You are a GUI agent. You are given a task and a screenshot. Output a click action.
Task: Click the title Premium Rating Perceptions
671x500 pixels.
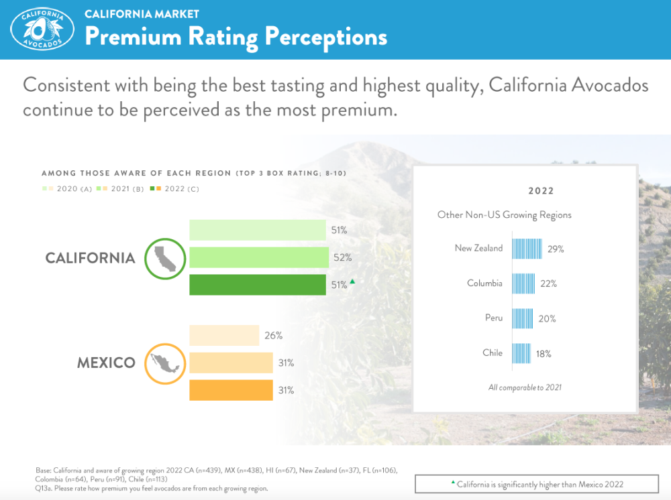(236, 37)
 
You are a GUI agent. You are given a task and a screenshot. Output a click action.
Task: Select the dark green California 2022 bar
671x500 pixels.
(257, 285)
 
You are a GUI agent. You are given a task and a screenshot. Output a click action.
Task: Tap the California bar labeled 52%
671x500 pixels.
(258, 257)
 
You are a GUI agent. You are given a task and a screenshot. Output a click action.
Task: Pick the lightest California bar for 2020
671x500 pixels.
(257, 230)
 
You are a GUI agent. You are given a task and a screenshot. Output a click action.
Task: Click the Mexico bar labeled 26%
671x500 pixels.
(224, 335)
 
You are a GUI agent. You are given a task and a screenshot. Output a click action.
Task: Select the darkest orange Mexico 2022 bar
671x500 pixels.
(231, 390)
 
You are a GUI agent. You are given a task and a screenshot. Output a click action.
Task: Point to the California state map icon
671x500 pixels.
(164, 258)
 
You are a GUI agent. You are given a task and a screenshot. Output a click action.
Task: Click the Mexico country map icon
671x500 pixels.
(164, 363)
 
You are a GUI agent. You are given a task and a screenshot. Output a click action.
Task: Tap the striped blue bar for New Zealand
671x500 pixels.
(527, 248)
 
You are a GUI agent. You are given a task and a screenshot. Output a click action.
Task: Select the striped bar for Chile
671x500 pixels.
(521, 353)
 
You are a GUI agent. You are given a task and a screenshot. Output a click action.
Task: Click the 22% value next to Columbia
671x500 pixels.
(548, 284)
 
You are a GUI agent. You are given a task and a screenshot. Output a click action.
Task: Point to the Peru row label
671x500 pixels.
(493, 318)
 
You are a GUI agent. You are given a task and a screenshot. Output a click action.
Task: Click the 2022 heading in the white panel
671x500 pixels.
(541, 191)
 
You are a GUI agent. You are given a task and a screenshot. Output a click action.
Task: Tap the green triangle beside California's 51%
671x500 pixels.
(352, 282)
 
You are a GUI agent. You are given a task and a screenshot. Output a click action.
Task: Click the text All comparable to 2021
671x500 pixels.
(525, 387)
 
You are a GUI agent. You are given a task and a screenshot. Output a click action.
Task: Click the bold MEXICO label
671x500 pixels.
(106, 363)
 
